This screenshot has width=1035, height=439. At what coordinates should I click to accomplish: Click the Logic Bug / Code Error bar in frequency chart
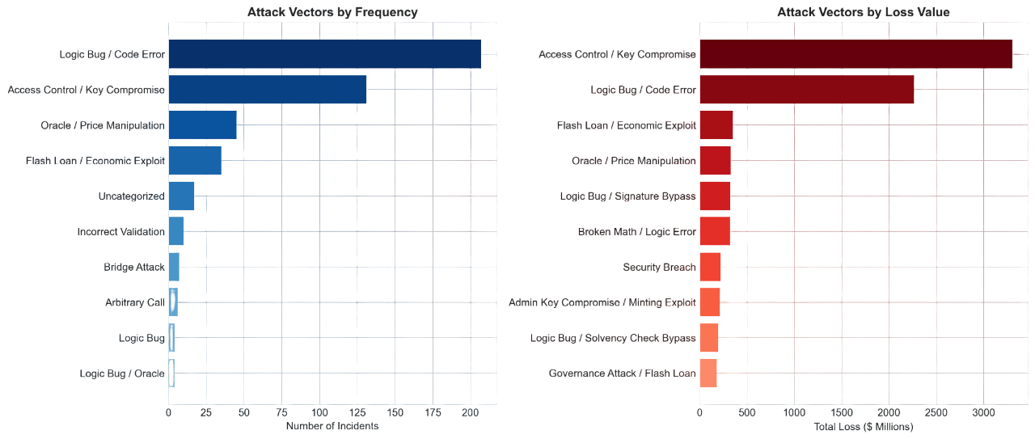[324, 54]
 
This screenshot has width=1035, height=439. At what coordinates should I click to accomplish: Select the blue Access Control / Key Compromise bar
[267, 90]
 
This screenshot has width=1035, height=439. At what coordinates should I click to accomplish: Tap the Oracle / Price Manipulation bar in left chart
[202, 125]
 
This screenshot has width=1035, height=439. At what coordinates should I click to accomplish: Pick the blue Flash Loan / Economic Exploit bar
[195, 161]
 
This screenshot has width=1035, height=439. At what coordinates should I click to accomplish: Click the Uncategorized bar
[181, 196]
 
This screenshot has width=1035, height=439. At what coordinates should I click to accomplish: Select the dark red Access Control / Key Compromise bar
[855, 54]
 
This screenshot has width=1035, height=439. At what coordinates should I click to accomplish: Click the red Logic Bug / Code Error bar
[806, 90]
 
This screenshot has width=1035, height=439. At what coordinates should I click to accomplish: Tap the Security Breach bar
[710, 267]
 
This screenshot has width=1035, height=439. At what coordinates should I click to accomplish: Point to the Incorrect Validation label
[120, 232]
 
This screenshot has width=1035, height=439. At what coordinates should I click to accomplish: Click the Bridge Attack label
[133, 267]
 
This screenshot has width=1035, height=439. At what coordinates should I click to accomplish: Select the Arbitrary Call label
[134, 302]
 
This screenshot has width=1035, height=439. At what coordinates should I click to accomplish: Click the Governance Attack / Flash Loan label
[622, 374]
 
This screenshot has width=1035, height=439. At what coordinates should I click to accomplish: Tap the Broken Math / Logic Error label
[636, 232]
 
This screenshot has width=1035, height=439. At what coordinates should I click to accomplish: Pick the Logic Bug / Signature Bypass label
[627, 196]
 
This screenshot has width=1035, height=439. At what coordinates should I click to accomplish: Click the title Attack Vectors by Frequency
[332, 12]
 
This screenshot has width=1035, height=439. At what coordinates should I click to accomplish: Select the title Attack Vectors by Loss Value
[863, 12]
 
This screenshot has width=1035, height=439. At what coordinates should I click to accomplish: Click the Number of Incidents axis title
[332, 426]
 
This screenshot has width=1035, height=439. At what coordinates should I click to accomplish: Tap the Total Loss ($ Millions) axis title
[863, 426]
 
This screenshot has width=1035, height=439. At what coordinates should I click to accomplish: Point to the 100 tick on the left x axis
[319, 412]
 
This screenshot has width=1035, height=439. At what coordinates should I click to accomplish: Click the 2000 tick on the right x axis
[889, 412]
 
